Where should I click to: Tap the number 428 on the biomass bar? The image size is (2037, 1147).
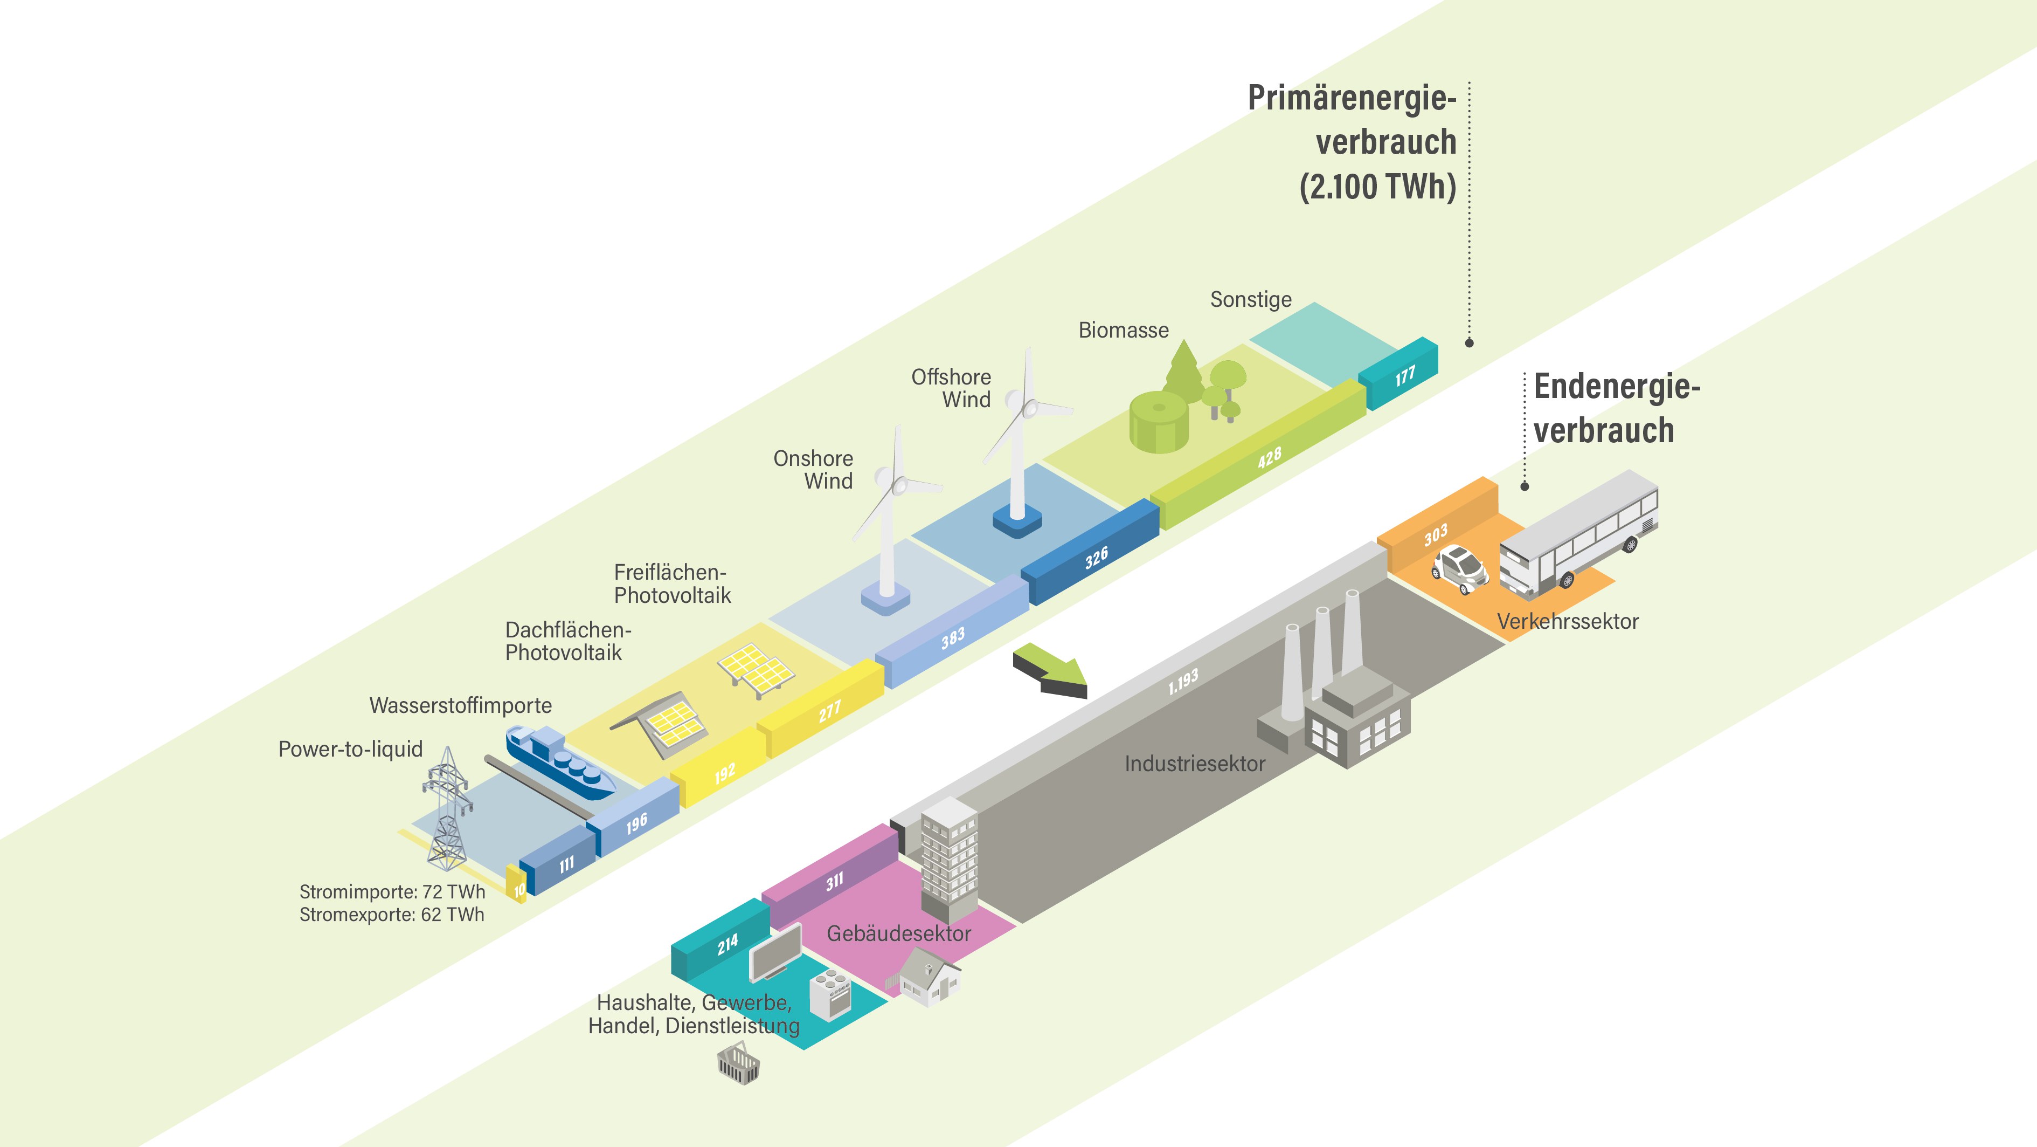pos(1269,458)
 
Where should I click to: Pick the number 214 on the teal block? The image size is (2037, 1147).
pos(727,944)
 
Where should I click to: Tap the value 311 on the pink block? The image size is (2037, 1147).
pos(834,881)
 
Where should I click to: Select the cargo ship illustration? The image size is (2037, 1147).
pos(560,763)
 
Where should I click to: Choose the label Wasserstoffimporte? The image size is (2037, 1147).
pos(460,705)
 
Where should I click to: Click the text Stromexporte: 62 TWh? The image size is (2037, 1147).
pos(391,915)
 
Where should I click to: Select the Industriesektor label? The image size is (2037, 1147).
pos(1194,764)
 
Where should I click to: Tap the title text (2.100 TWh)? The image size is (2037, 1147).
pos(1377,187)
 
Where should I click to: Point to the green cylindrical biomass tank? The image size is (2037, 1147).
pos(1159,422)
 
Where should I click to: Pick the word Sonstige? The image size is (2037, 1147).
pos(1250,300)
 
